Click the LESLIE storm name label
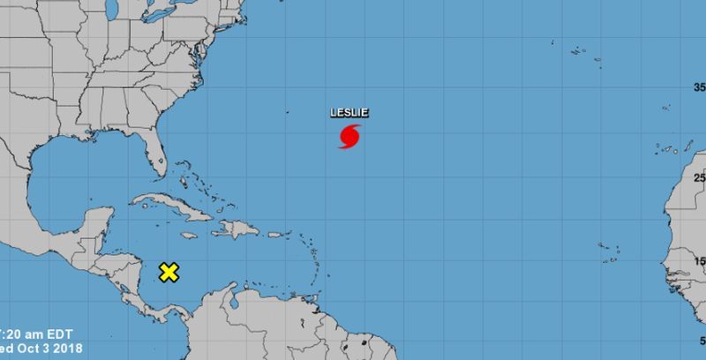[349, 112]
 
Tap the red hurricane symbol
[349, 137]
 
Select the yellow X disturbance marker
[169, 272]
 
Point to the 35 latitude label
[700, 86]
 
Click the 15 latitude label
[700, 261]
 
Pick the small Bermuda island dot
[286, 111]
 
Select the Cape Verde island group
[606, 251]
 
